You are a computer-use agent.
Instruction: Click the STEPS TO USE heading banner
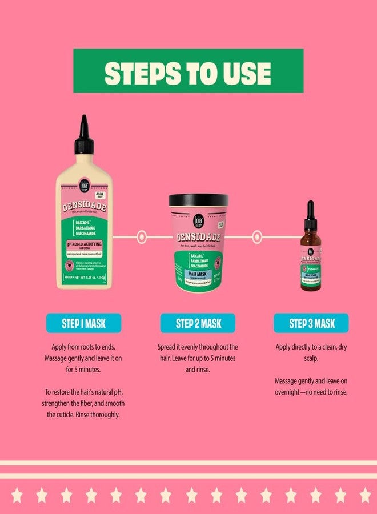point(188,70)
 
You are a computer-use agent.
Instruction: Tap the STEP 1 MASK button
point(83,323)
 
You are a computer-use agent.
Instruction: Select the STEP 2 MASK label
point(198,323)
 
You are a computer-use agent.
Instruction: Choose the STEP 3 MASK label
point(311,323)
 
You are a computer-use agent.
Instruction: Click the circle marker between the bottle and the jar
point(142,235)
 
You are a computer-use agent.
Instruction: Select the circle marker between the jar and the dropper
point(256,235)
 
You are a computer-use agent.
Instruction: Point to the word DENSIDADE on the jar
point(198,236)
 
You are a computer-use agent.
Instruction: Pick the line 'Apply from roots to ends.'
point(83,347)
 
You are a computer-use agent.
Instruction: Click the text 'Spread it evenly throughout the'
point(198,347)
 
